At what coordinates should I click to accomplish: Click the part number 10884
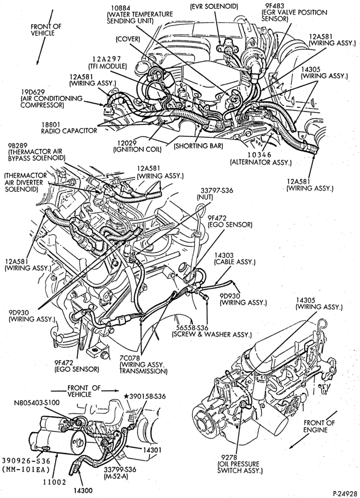pos(120,8)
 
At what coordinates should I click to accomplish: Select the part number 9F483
pos(271,6)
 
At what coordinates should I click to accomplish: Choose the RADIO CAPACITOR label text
pos(69,130)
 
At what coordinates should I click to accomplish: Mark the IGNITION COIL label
pos(137,149)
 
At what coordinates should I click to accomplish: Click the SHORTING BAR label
pos(198,146)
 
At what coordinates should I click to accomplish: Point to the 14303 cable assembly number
pos(224,255)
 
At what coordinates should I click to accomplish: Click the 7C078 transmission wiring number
pos(129,357)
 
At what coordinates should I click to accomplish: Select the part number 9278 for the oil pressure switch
pos(227,457)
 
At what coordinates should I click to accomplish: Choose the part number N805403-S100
pos(36,402)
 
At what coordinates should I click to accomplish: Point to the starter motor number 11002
pos(54,482)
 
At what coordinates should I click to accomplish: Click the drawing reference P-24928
pos(344,494)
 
